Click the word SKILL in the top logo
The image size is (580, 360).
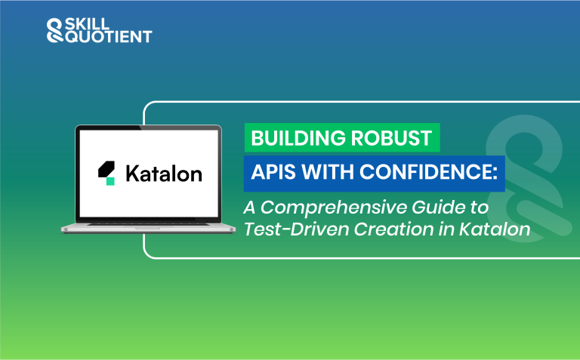[x=85, y=24]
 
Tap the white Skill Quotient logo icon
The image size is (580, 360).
[x=54, y=29]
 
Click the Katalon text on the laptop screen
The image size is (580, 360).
[x=163, y=174]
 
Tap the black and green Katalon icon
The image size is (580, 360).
[x=107, y=173]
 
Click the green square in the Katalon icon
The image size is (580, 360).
[x=110, y=181]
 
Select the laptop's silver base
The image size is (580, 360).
[x=147, y=226]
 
